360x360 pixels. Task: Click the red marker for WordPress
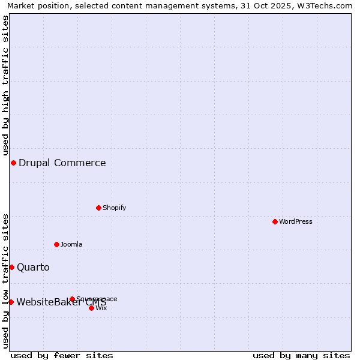tap(275, 221)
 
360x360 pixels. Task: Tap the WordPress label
tap(296, 221)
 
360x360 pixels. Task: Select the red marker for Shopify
tap(98, 208)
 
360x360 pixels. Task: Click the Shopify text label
tap(114, 208)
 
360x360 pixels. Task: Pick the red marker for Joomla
tap(56, 244)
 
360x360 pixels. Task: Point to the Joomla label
tap(71, 244)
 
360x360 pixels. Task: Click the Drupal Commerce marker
tap(13, 163)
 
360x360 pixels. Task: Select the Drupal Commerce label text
tap(62, 163)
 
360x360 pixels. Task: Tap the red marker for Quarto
tap(11, 267)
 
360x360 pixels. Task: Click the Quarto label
tap(33, 267)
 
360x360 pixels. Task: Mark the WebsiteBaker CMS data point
tap(11, 302)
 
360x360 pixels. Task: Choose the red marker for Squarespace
tap(72, 299)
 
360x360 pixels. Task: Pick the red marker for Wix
tap(91, 308)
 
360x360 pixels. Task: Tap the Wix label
tap(101, 308)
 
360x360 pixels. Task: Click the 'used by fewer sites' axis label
tap(62, 355)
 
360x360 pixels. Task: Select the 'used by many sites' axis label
tap(301, 355)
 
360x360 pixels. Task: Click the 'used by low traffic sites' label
tap(5, 281)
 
